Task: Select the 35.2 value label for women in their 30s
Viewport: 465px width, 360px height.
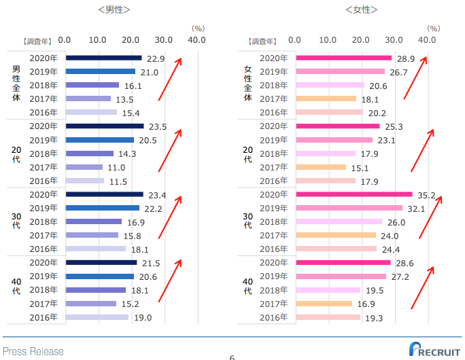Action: point(425,195)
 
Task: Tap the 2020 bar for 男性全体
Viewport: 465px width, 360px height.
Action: point(104,58)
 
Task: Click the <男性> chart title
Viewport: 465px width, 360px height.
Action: point(114,10)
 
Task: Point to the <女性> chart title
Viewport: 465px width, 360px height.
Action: point(361,10)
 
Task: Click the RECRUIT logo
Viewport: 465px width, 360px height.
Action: point(434,349)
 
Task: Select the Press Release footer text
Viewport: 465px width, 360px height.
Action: point(33,351)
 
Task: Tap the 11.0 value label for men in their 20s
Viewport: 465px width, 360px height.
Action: point(117,168)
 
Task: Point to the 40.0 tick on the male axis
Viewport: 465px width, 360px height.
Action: point(197,40)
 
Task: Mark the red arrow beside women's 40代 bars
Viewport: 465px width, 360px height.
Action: point(422,287)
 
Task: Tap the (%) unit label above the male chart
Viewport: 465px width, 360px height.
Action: point(198,29)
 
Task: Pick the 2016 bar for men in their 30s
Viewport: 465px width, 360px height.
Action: point(96,249)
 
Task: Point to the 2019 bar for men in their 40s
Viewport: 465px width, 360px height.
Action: point(100,276)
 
